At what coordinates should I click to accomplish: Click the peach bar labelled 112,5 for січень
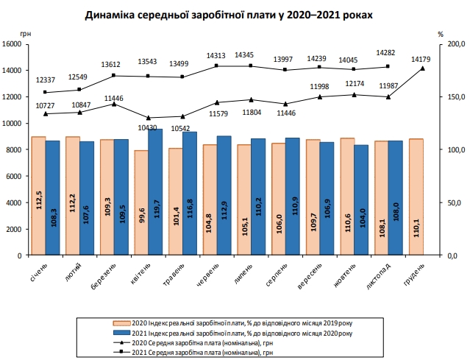click(38, 196)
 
